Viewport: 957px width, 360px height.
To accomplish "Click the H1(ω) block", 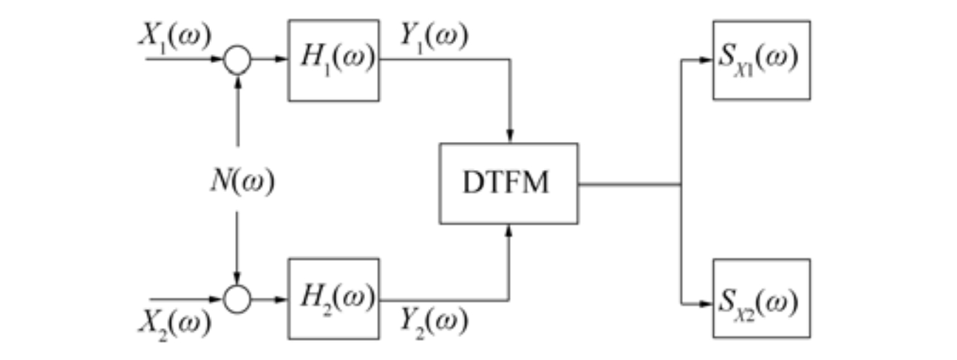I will (333, 60).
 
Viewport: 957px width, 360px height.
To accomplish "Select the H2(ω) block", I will (333, 298).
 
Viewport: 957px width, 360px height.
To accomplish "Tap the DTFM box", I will (508, 183).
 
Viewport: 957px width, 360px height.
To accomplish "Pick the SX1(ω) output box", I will (760, 60).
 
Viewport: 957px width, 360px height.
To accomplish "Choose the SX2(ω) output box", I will (760, 298).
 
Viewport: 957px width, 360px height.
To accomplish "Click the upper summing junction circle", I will (237, 60).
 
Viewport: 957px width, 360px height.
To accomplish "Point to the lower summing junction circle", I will (237, 299).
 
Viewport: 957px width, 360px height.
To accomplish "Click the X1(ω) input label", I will (174, 36).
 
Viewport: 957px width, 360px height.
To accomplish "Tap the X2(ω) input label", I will (174, 322).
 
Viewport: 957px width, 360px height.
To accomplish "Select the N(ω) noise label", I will (240, 182).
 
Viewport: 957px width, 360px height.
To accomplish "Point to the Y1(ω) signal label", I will (434, 36).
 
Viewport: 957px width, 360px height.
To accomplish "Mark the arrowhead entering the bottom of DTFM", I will (509, 229).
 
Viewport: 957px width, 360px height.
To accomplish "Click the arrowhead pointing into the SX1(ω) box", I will (707, 61).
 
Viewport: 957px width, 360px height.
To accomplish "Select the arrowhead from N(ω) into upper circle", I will (237, 80).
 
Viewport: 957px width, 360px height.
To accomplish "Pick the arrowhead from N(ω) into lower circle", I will (237, 279).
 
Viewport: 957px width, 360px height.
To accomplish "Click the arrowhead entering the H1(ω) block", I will (282, 60).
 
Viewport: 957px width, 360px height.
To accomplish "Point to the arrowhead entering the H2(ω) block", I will (282, 299).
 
